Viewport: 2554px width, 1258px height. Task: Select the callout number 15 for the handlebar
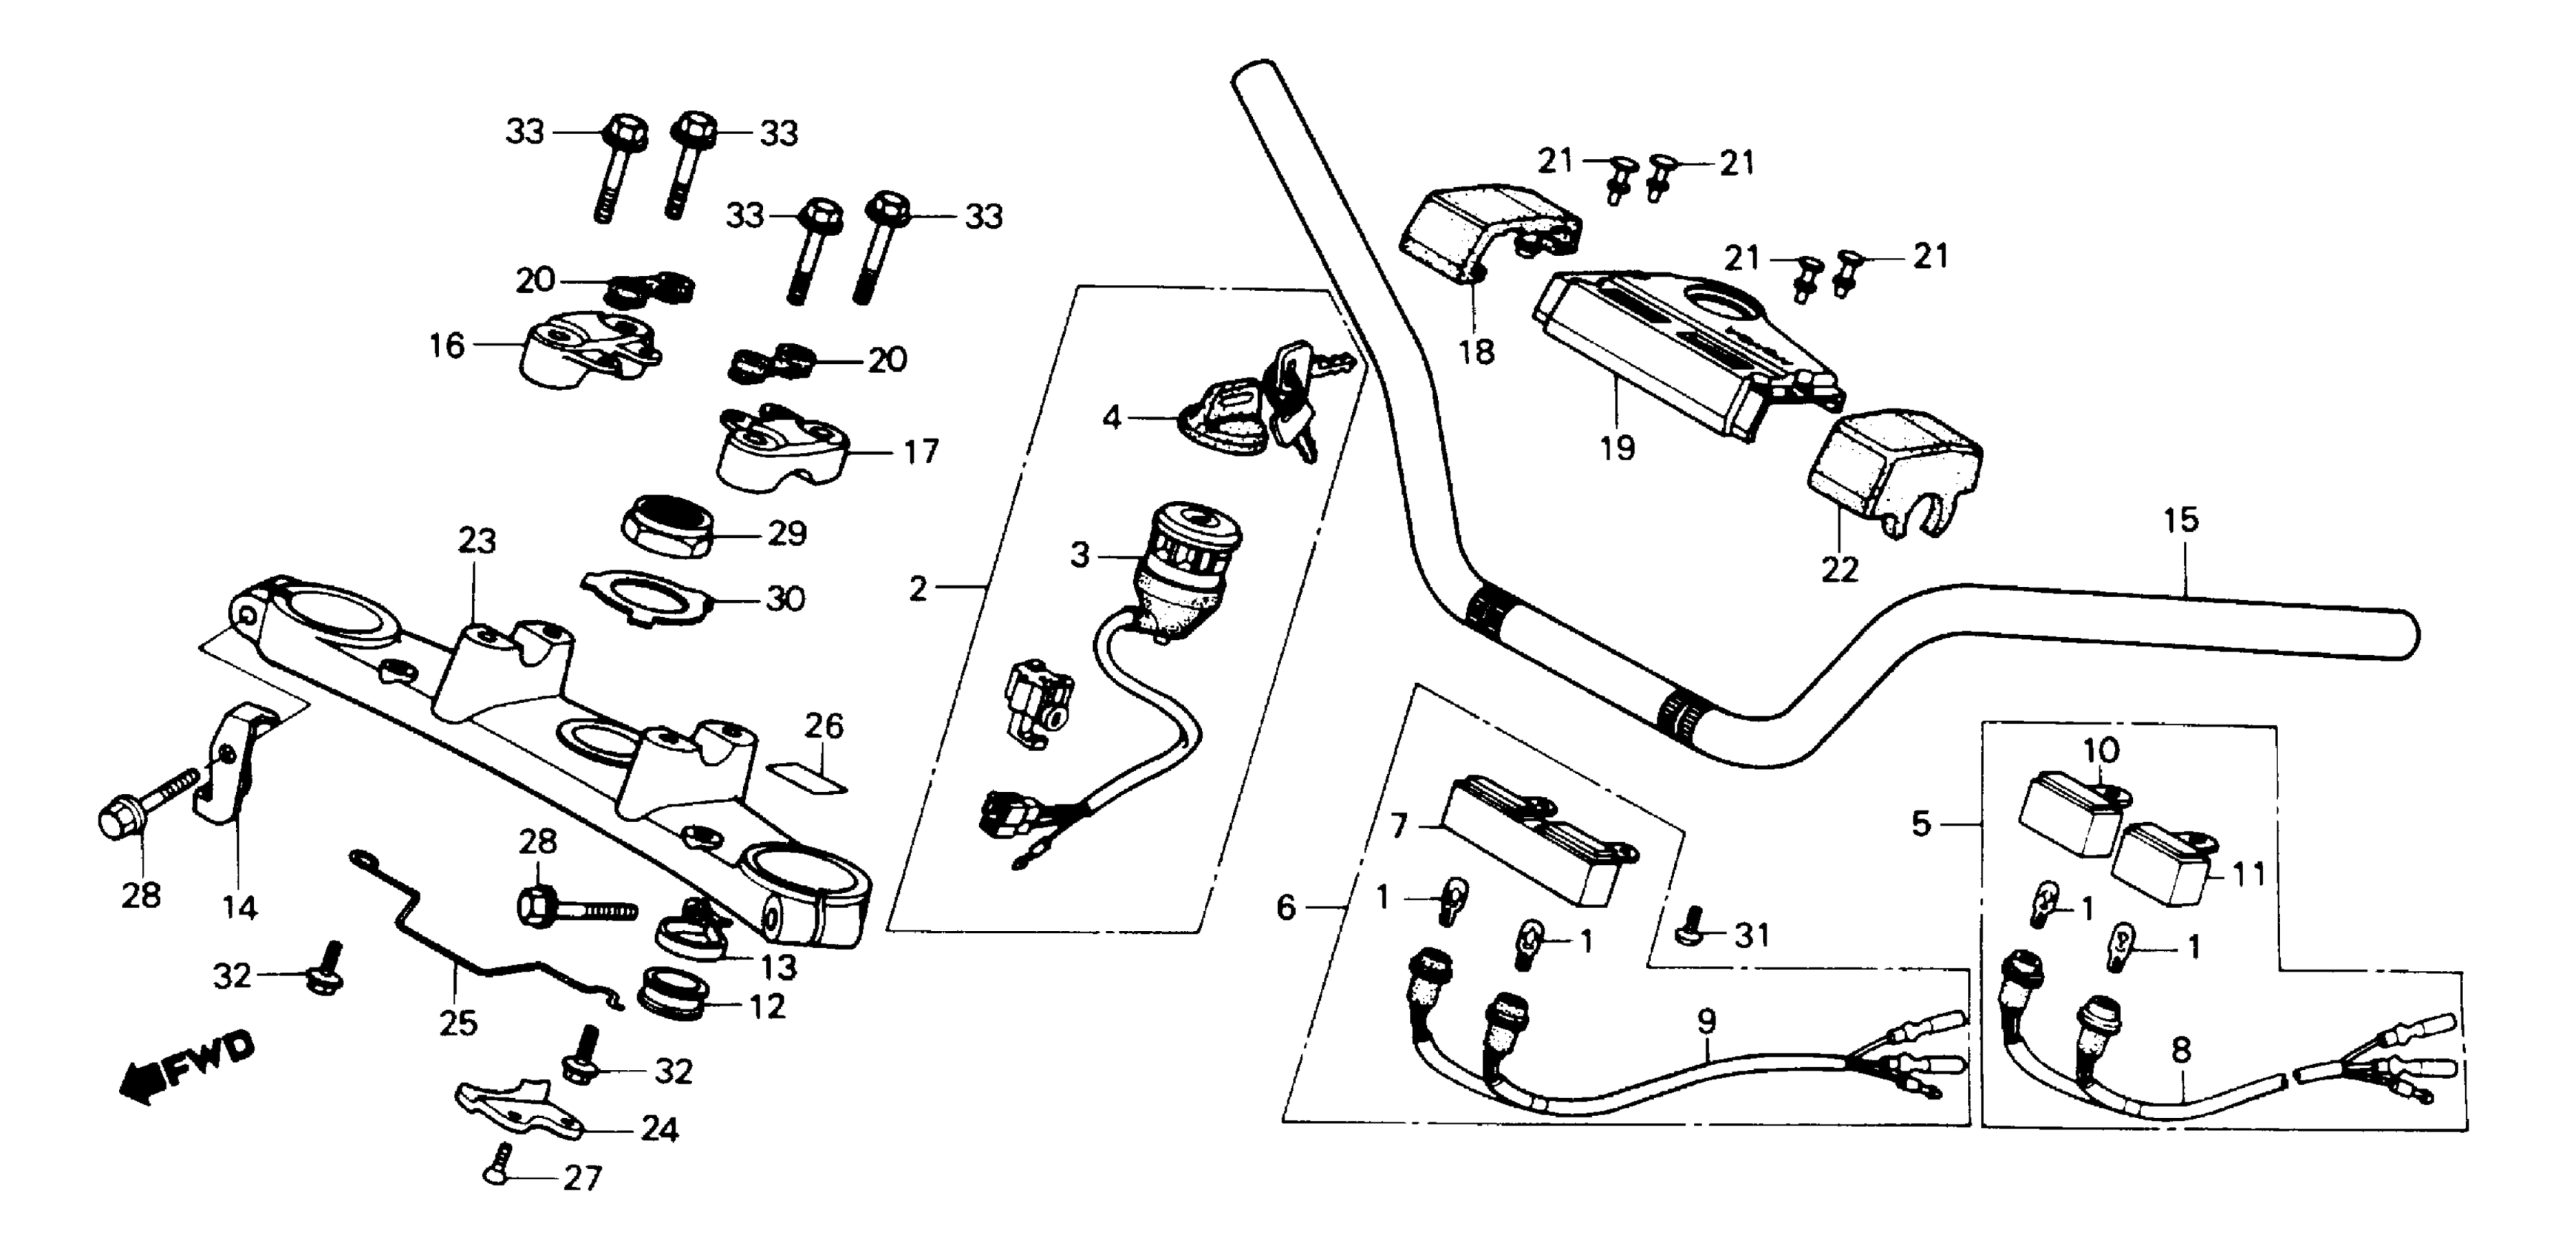2181,520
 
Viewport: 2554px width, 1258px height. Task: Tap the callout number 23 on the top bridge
476,541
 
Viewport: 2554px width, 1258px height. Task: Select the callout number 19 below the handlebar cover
1617,449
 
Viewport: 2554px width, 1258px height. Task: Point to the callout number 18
1477,352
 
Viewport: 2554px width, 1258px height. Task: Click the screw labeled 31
1693,925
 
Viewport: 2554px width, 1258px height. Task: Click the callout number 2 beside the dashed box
918,589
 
